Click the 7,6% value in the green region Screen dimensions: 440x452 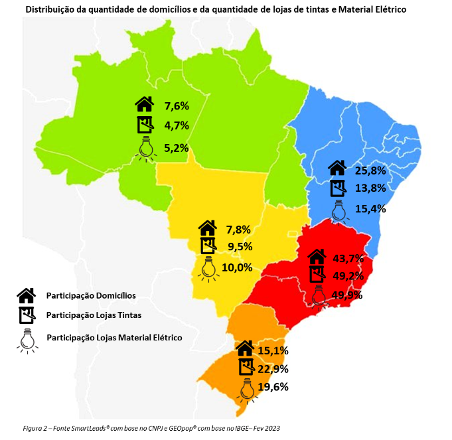(177, 105)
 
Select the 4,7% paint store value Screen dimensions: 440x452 (177, 125)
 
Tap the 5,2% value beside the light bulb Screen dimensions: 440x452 (177, 148)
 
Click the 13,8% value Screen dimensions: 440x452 (370, 188)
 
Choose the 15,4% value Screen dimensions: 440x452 (370, 208)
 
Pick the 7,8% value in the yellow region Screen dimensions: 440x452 (238, 230)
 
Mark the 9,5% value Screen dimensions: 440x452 (238, 248)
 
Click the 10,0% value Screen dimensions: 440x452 (237, 267)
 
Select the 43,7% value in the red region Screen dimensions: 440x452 (346, 257)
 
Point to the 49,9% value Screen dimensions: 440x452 (346, 295)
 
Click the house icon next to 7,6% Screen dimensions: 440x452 (144, 104)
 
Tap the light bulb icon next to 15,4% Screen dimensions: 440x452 (339, 210)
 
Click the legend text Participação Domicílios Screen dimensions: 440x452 (91, 295)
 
